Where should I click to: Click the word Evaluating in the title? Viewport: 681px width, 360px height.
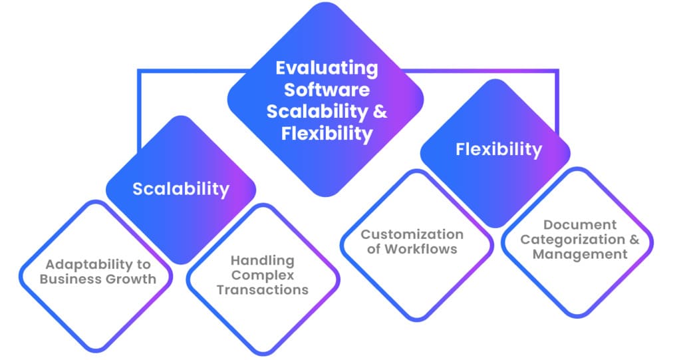(x=326, y=68)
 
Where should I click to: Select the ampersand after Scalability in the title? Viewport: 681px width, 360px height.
(x=380, y=110)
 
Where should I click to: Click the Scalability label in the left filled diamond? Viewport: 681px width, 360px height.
(x=181, y=189)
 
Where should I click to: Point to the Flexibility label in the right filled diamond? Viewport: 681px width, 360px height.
(x=499, y=150)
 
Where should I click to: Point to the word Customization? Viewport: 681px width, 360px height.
(x=412, y=235)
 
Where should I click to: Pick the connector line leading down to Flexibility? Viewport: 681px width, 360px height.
(x=557, y=100)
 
